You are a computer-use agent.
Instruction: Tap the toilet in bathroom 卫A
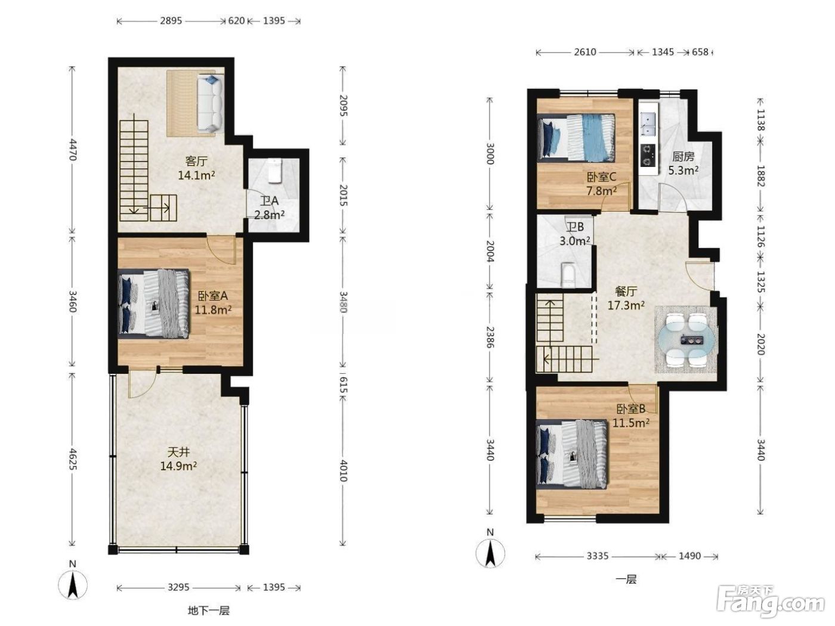(x=274, y=171)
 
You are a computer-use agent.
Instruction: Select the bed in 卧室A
(x=153, y=303)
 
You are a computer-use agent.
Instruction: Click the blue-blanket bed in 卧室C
(x=576, y=138)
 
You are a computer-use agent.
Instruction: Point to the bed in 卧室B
(x=571, y=454)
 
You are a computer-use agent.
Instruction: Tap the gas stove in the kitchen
(x=648, y=155)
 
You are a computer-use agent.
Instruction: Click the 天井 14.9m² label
(x=178, y=458)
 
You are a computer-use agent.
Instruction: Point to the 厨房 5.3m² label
(x=684, y=163)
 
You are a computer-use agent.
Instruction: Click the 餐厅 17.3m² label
(x=626, y=298)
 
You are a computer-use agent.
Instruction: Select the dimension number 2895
(x=171, y=20)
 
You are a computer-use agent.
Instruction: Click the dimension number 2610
(x=585, y=52)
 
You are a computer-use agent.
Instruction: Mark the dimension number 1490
(x=689, y=556)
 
